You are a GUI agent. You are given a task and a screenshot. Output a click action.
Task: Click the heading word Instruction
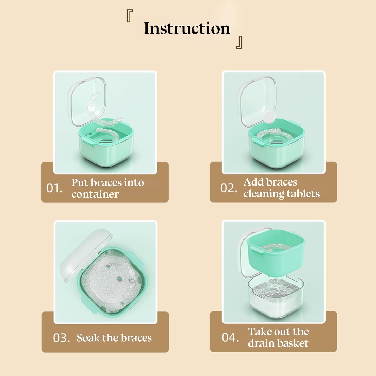(187, 28)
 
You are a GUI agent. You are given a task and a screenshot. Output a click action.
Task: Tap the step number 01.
(54, 188)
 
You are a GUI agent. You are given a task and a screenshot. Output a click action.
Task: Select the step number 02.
(229, 188)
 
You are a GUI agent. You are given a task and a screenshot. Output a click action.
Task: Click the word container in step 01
(95, 194)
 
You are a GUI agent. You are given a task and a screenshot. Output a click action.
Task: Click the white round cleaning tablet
(270, 117)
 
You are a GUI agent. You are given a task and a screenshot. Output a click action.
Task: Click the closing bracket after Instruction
(239, 42)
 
